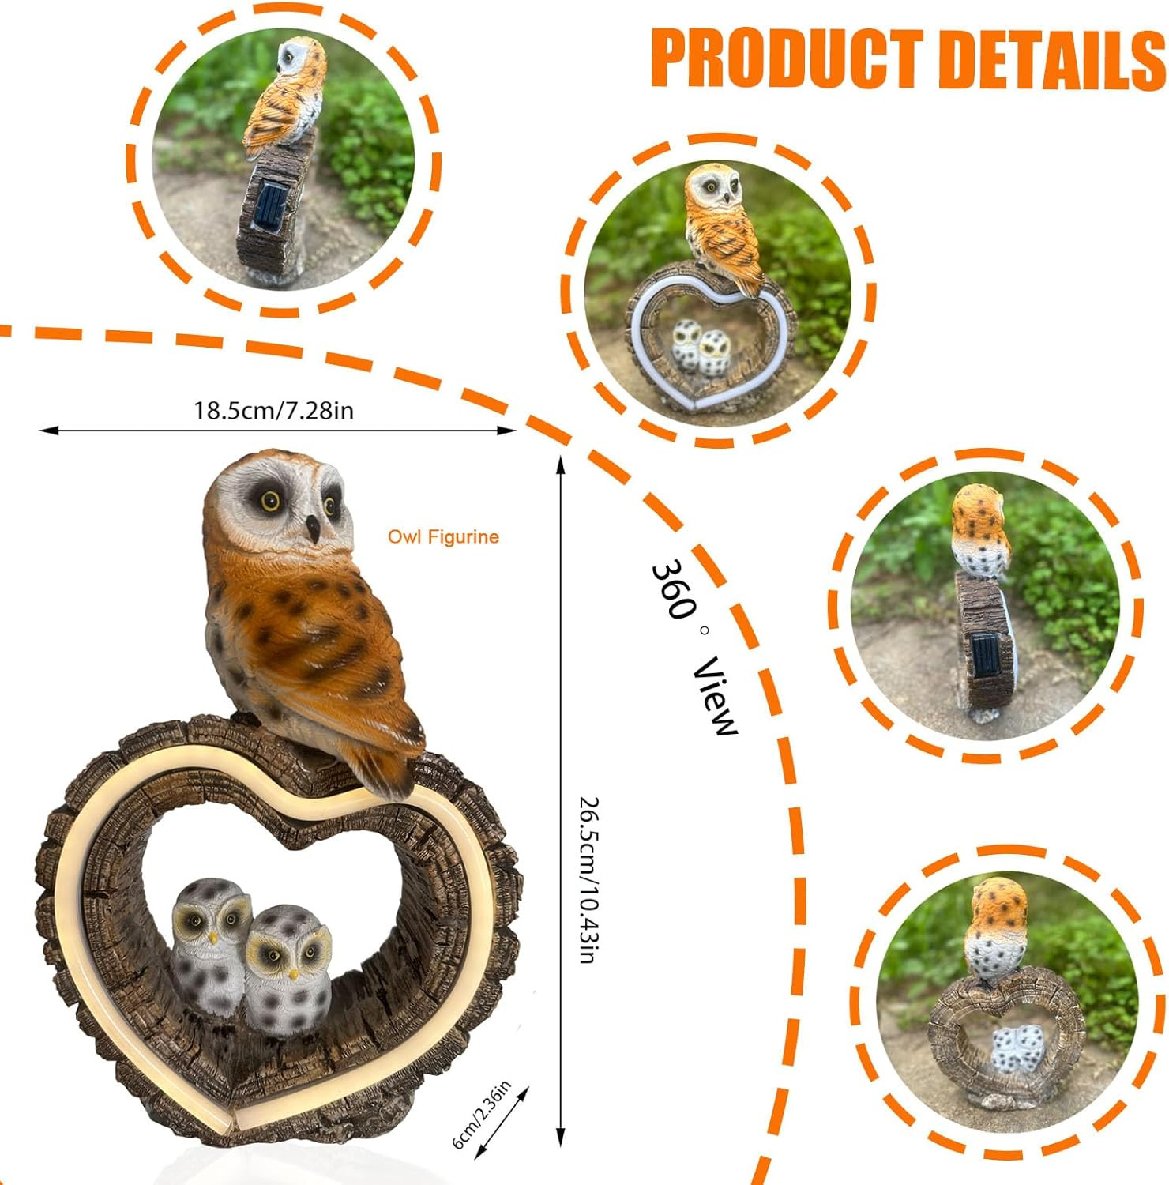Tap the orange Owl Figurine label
443,537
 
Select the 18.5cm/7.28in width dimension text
274,411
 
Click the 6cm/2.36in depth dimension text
481,1114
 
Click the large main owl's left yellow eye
271,501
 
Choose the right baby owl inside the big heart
288,970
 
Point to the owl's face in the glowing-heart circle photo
715,188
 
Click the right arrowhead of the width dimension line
508,431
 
